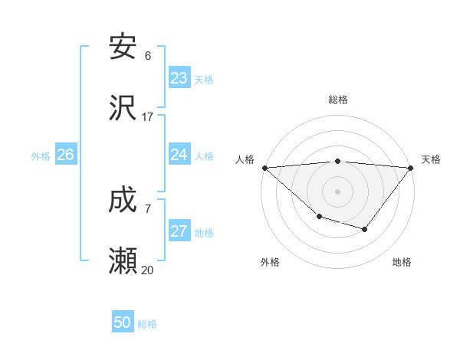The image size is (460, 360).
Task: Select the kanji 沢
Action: pyautogui.click(x=123, y=108)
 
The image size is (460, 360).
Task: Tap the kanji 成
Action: pyautogui.click(x=123, y=201)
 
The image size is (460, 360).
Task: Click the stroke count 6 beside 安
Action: pyautogui.click(x=148, y=56)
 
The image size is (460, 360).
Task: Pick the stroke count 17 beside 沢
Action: pyautogui.click(x=148, y=117)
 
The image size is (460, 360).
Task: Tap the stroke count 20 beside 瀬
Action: pyautogui.click(x=148, y=270)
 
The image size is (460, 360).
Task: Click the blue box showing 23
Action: pyautogui.click(x=179, y=78)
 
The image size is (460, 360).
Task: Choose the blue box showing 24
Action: pyautogui.click(x=179, y=155)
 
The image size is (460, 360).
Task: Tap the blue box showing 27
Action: pyautogui.click(x=179, y=231)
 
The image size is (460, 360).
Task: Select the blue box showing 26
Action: pyautogui.click(x=65, y=155)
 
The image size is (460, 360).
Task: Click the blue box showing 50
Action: pyautogui.click(x=123, y=322)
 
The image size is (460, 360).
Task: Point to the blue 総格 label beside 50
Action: pyautogui.click(x=148, y=324)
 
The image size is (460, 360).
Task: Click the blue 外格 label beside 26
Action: pyautogui.click(x=41, y=156)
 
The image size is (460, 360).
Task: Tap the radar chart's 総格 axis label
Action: pyautogui.click(x=337, y=100)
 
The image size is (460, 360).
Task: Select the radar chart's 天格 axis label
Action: pyautogui.click(x=432, y=159)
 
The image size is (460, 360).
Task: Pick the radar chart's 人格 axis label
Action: pyautogui.click(x=245, y=159)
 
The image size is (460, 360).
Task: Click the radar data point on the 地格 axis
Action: pyautogui.click(x=365, y=229)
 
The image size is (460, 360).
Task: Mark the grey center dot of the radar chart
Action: pyautogui.click(x=337, y=191)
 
